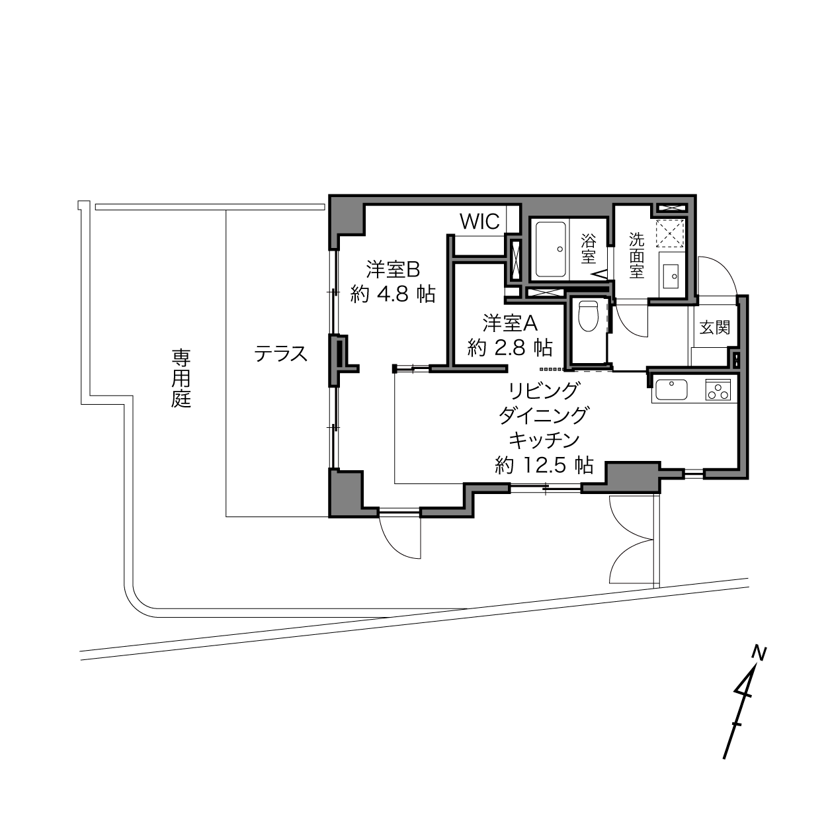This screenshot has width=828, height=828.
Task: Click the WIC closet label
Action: (x=479, y=222)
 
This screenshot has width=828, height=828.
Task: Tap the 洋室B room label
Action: (x=393, y=270)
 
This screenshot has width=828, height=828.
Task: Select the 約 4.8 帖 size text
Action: (x=393, y=294)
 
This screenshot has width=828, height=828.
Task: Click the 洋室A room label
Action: (x=510, y=323)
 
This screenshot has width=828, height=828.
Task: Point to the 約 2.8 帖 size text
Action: (x=510, y=348)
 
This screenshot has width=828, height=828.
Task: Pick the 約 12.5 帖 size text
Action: (x=544, y=465)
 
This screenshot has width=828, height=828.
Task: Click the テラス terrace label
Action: (x=281, y=354)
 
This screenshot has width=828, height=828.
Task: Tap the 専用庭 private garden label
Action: (x=181, y=378)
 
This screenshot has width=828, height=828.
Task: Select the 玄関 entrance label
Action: (x=714, y=327)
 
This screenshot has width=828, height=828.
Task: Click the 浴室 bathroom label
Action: (x=588, y=249)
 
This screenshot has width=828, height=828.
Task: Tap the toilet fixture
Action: (x=588, y=316)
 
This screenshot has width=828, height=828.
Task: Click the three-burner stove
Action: (x=718, y=390)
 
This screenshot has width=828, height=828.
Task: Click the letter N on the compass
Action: (x=759, y=653)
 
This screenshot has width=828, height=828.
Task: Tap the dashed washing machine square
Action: (x=670, y=233)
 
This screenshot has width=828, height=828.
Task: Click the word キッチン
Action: (x=544, y=440)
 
